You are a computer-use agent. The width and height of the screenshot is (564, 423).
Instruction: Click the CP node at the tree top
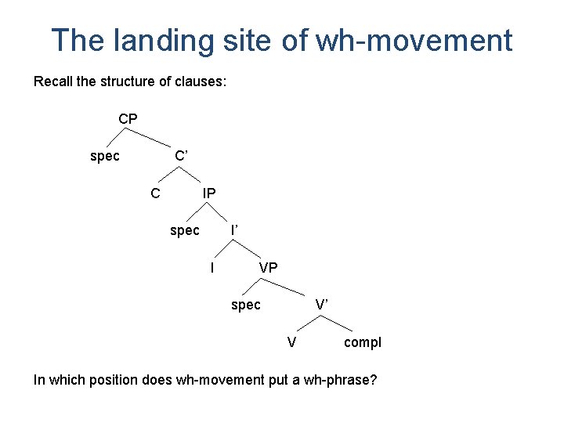coord(128,119)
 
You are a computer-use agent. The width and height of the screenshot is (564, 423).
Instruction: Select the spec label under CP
coord(105,156)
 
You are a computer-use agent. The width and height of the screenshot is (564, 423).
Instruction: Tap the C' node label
coord(182,156)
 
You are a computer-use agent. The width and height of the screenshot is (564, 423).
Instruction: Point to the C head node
coord(156,193)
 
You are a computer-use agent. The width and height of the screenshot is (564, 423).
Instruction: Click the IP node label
coord(209,193)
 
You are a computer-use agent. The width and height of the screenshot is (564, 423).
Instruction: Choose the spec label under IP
coord(185,230)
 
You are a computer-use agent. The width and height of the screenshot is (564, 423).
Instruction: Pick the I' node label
coord(234,230)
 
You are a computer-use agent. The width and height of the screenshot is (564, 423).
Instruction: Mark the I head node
coord(212,268)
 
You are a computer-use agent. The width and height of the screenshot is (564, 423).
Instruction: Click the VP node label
coord(268,268)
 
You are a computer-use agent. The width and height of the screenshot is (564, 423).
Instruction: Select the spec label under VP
coord(246,305)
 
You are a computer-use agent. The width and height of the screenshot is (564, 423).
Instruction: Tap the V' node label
coord(322,305)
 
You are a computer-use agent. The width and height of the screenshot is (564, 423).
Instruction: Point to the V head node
coord(291,342)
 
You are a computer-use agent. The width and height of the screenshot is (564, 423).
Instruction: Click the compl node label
coord(363,342)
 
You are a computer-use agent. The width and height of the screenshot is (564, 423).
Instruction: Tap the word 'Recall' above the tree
coord(54,81)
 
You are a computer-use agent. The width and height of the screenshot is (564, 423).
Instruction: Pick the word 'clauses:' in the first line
coord(201,81)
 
